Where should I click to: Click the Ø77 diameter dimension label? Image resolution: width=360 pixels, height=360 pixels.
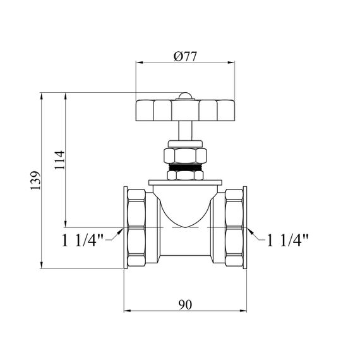tap(185, 56)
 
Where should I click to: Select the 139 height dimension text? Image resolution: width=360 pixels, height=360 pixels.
tap(35, 180)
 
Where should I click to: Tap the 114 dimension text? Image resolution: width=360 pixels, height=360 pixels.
tap(60, 160)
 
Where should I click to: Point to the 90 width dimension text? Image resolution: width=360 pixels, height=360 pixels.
tap(185, 304)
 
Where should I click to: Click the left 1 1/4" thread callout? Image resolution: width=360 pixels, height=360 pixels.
tap(82, 241)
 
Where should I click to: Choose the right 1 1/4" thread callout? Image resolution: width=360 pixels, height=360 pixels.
tap(287, 241)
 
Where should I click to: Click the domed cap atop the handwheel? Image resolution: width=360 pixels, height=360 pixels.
tap(185, 96)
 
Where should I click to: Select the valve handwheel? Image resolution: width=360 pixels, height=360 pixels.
tap(185, 110)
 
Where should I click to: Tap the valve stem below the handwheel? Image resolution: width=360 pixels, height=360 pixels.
tap(185, 130)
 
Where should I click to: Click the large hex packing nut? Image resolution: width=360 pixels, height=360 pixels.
tap(185, 155)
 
